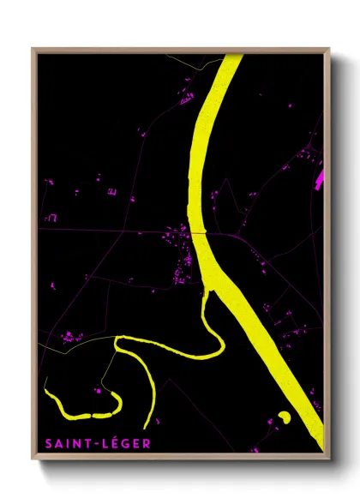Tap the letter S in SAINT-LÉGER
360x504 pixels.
point(44,443)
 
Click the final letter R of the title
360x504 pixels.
point(146,443)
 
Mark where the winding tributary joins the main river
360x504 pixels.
point(207,292)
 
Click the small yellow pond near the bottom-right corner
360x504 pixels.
point(284,417)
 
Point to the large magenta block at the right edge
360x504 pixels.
point(322,177)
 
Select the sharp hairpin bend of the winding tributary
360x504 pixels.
point(117,344)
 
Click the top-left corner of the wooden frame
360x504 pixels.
point(33,49)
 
